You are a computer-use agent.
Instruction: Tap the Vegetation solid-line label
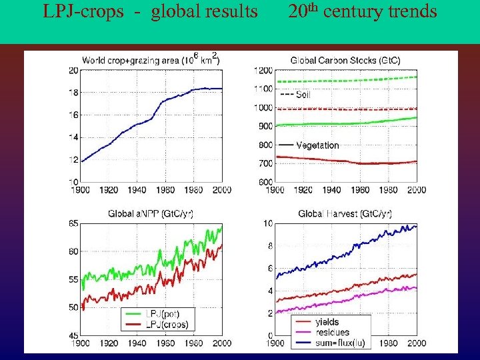click(317, 145)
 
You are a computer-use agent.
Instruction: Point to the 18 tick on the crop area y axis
click(73, 93)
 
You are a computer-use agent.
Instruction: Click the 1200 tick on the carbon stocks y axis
click(264, 70)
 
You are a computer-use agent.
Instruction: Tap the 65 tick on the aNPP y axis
click(73, 223)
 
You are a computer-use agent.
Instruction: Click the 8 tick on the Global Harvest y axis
click(268, 246)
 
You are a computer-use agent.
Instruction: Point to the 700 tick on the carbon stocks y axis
click(265, 163)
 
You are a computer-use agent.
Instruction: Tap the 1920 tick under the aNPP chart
click(108, 343)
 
